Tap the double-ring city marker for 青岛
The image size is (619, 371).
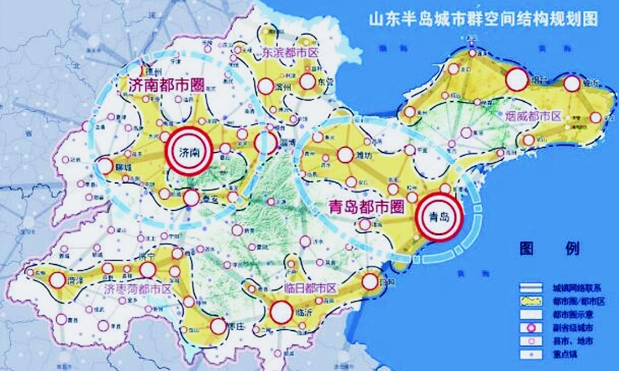pos(440,216)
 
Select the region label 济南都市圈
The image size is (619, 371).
pos(167,85)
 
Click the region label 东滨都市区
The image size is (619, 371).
pos(290,52)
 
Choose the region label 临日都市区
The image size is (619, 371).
pos(310,288)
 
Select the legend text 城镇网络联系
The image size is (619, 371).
pos(571,288)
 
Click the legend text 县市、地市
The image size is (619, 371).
pos(567,341)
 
